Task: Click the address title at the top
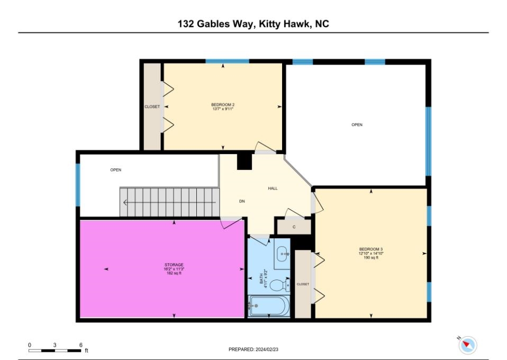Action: (253, 24)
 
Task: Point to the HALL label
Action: (273, 188)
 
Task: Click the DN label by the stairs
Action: (242, 202)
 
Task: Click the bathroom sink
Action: (283, 254)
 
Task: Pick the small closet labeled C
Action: (294, 226)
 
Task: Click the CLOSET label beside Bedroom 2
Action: (152, 107)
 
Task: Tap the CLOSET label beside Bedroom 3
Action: (303, 284)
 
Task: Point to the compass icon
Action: (467, 345)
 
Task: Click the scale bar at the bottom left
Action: (55, 350)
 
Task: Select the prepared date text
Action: (253, 349)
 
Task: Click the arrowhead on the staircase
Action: (125, 202)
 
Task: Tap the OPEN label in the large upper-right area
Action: (357, 125)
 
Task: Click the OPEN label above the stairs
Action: (115, 170)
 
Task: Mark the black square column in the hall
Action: (244, 162)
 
